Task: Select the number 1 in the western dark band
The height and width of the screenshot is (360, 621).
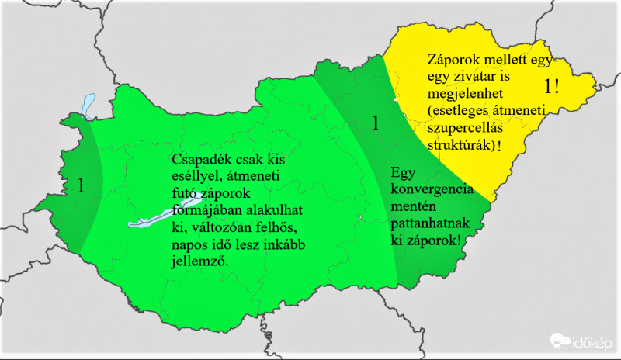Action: point(81,185)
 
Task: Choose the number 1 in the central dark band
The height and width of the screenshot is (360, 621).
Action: point(376,123)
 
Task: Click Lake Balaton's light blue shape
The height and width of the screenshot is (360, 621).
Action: point(159,216)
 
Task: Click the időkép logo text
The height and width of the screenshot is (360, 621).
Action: point(592,341)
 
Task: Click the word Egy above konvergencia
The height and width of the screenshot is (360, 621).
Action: point(403,173)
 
